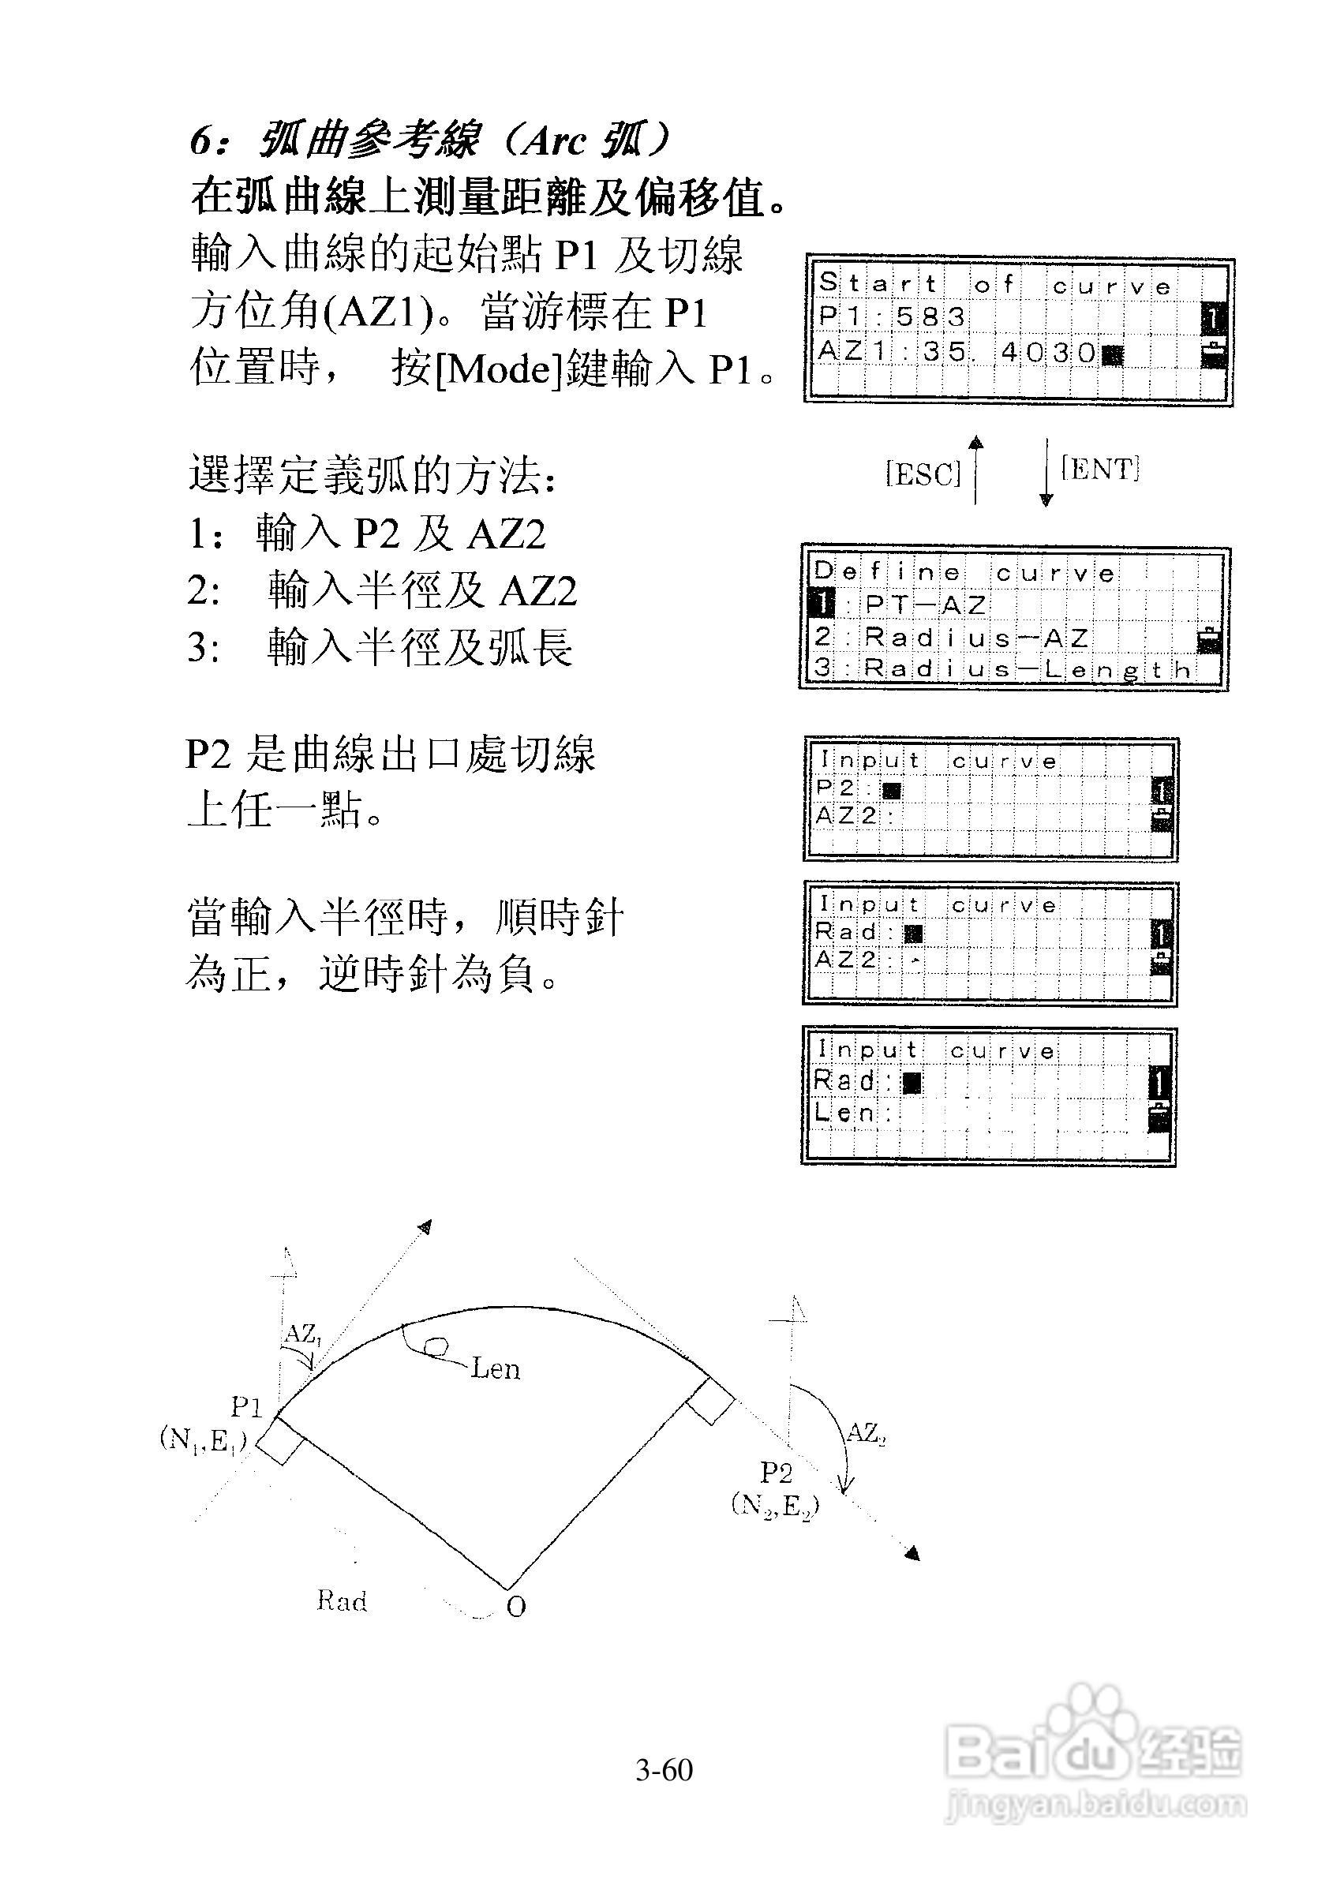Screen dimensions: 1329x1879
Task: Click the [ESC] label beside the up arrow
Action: pyautogui.click(x=923, y=473)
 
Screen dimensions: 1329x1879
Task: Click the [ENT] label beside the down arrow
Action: pyautogui.click(x=1100, y=468)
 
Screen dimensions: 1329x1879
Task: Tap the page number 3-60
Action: pyautogui.click(x=664, y=1770)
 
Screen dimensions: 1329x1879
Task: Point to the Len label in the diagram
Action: pyautogui.click(x=496, y=1368)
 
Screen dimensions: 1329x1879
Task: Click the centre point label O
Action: pyautogui.click(x=515, y=1608)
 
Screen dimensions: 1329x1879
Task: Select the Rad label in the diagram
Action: pyautogui.click(x=341, y=1600)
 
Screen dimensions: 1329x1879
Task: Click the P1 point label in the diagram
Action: pyautogui.click(x=245, y=1408)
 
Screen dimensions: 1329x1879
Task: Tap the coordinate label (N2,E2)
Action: pyautogui.click(x=774, y=1506)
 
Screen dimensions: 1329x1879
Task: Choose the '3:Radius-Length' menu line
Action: pyautogui.click(x=1002, y=668)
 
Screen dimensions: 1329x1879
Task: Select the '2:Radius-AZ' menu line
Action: pyautogui.click(x=950, y=636)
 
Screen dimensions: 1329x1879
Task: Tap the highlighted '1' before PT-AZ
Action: pyautogui.click(x=822, y=604)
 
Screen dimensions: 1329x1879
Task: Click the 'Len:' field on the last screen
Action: pyautogui.click(x=854, y=1112)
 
